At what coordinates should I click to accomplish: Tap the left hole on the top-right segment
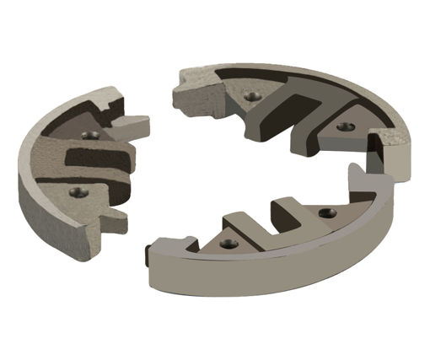tap(249, 96)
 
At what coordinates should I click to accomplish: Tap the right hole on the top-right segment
tap(341, 126)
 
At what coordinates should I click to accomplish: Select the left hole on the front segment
tap(225, 244)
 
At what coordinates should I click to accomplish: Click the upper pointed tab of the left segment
tap(133, 126)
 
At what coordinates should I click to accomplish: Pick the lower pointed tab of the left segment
tap(114, 223)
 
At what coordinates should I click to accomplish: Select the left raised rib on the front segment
tap(238, 223)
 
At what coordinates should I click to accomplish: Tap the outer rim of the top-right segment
tap(337, 84)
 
